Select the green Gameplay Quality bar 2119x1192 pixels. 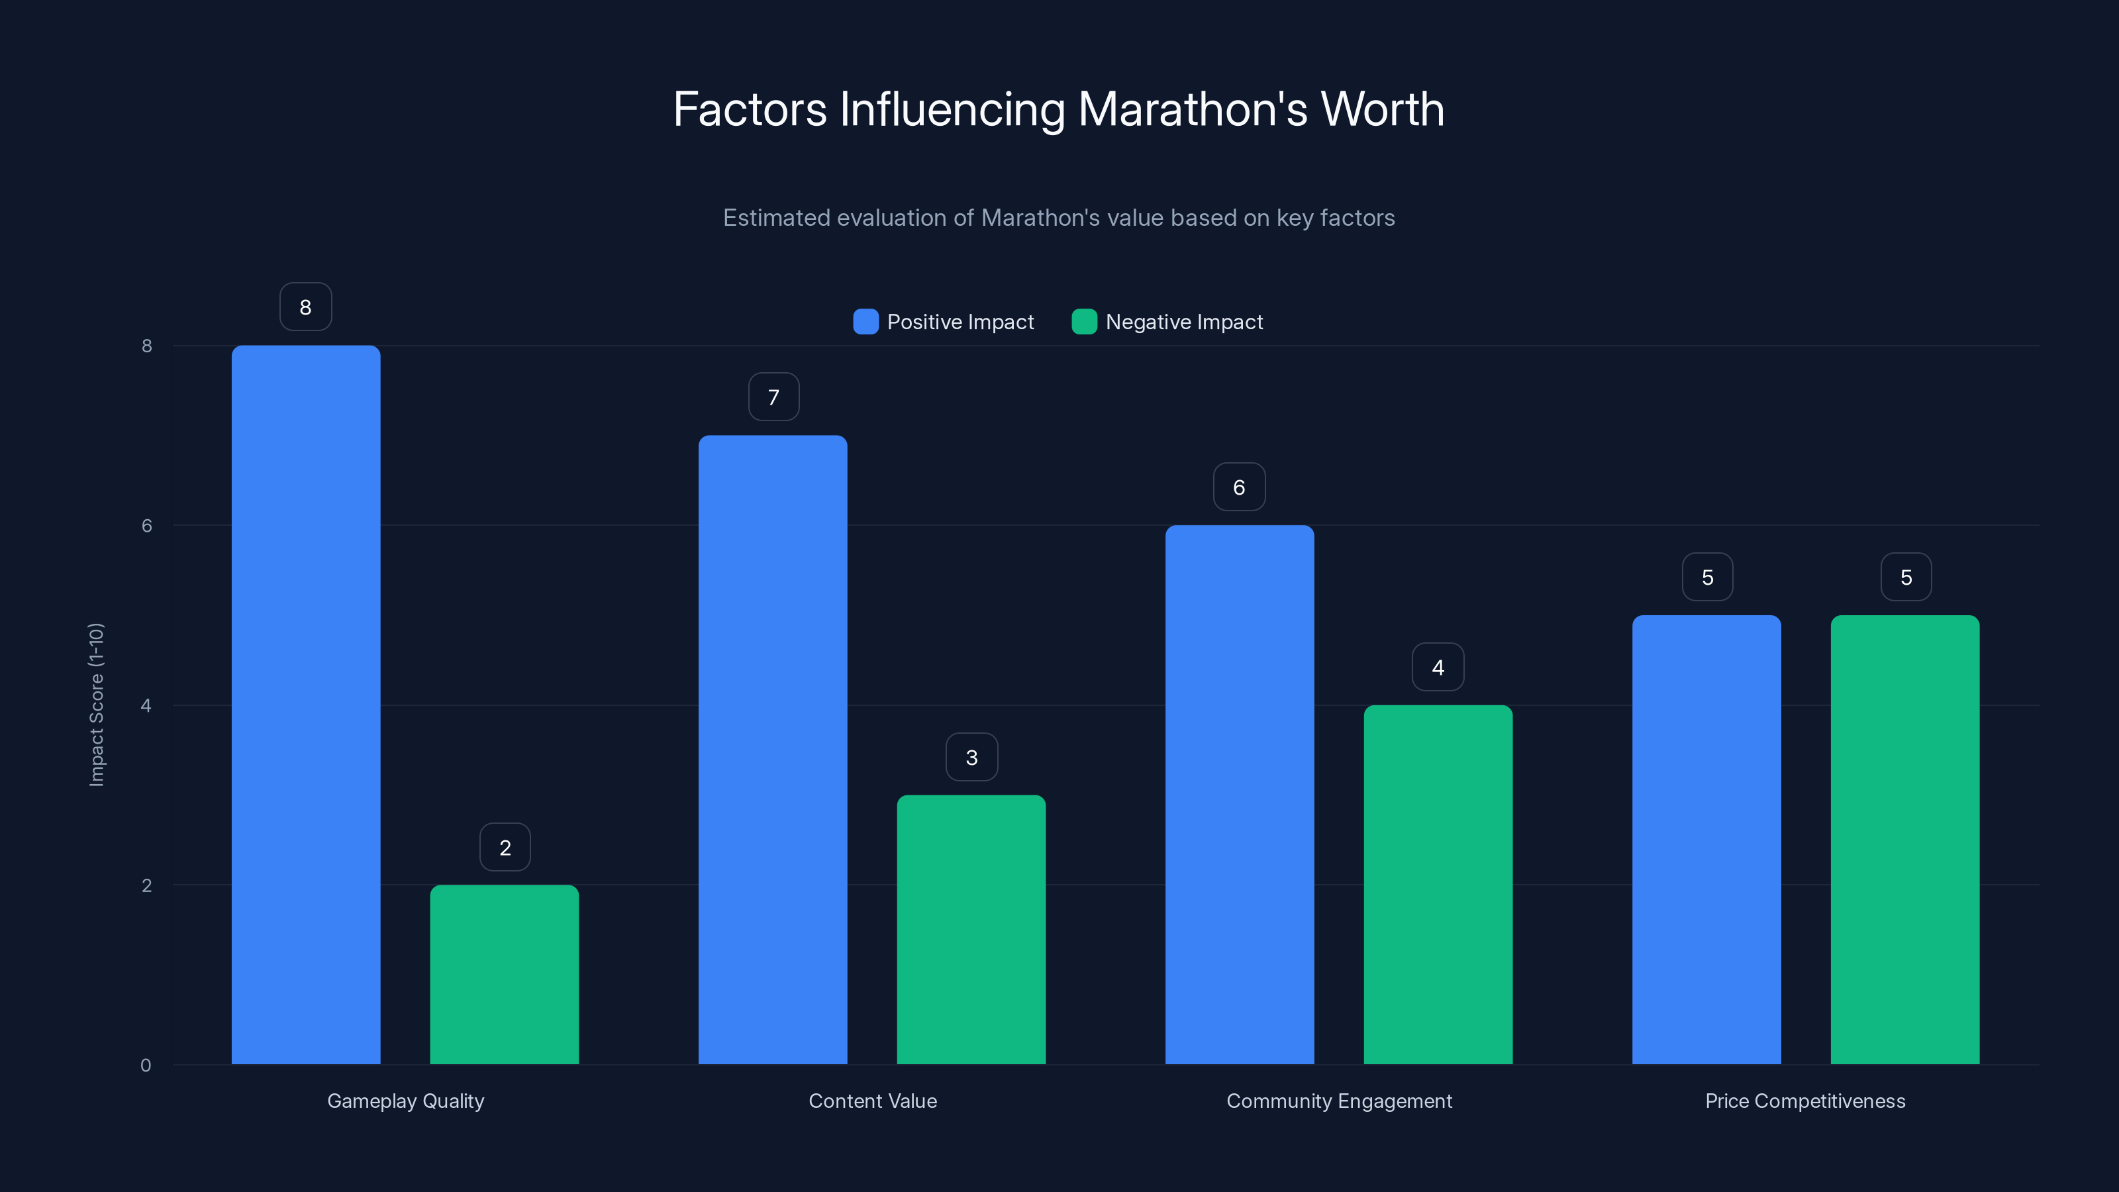504,974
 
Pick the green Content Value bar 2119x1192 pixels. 971,930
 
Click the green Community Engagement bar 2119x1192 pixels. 1438,884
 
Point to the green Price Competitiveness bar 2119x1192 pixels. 1904,839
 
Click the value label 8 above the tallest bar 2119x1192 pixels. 305,307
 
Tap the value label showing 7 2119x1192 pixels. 773,397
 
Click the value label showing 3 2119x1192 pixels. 971,757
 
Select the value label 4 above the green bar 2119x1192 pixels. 1438,667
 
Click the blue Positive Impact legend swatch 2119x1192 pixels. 865,322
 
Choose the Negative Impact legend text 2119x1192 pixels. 1184,322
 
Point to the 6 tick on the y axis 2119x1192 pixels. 146,526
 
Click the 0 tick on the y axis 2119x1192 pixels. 146,1066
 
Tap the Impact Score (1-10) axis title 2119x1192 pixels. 96,704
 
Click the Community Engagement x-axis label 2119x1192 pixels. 1338,1101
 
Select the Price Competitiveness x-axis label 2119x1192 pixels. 1804,1101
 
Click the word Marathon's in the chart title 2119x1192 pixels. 1192,109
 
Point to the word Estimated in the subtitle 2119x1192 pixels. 775,218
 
